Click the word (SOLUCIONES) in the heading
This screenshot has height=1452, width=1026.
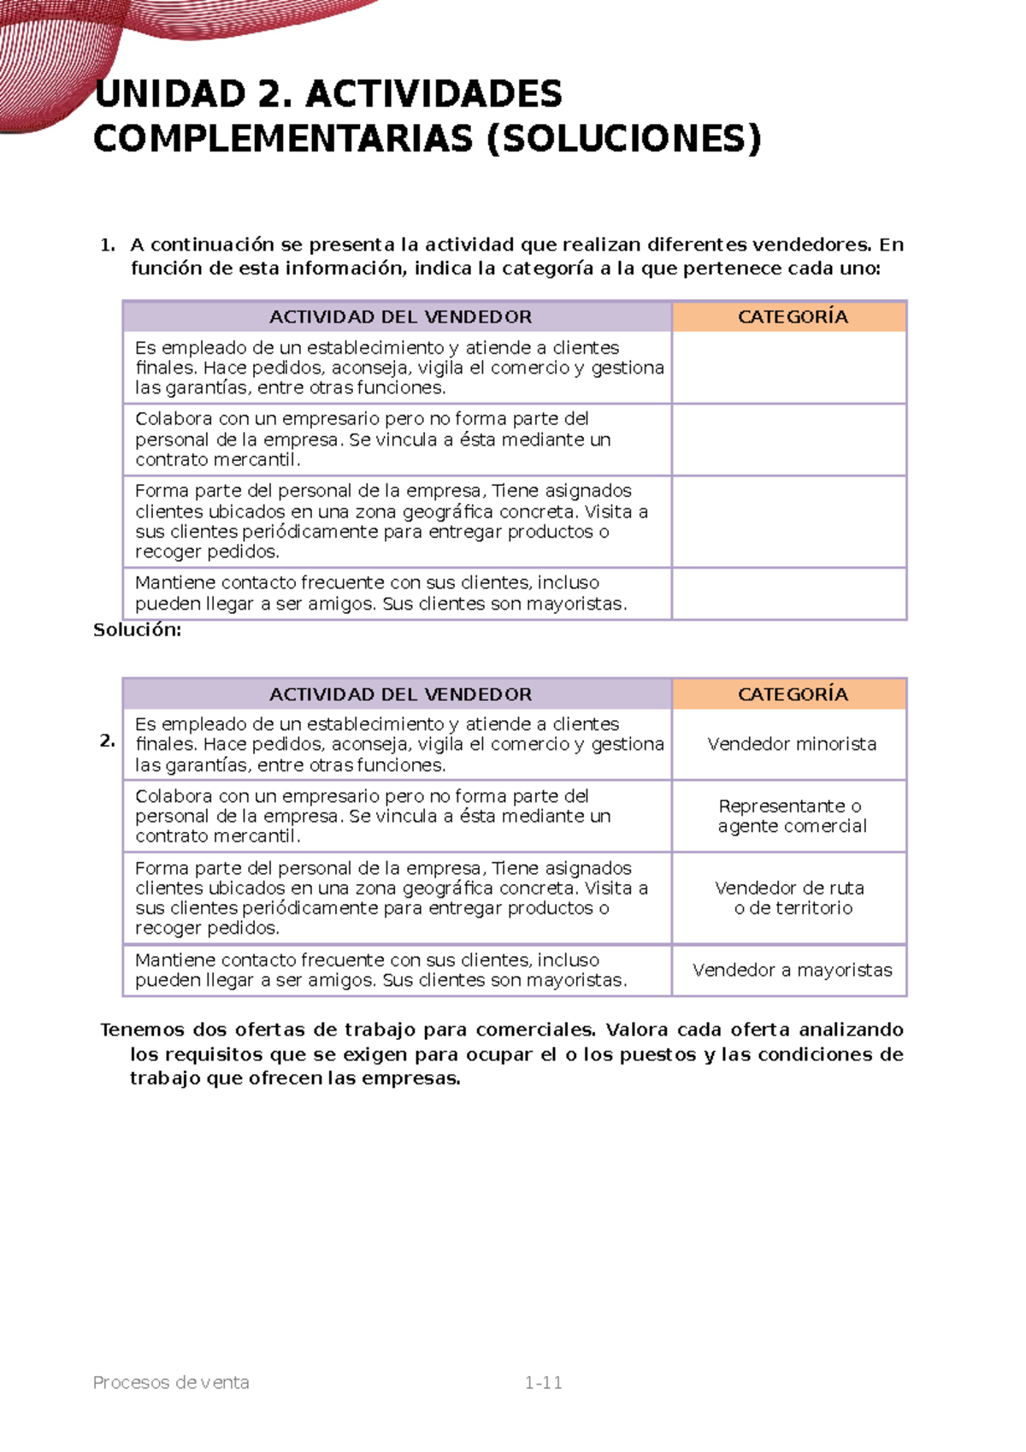tap(623, 139)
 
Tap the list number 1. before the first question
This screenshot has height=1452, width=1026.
tap(107, 245)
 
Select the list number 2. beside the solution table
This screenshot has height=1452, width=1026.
tap(107, 741)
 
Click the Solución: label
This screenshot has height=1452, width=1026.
tap(137, 630)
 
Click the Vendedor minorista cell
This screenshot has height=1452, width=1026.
tap(791, 744)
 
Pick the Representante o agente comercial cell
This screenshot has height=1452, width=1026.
tap(791, 816)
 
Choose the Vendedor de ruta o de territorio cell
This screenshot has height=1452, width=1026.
tap(791, 898)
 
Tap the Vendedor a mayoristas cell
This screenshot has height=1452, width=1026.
tap(791, 970)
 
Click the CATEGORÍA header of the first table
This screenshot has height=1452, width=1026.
tap(792, 317)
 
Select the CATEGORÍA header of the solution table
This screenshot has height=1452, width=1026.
tap(792, 694)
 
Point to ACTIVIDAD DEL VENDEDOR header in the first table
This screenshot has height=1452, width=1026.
tap(400, 317)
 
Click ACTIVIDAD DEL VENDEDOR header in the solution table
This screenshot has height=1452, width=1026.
tap(400, 694)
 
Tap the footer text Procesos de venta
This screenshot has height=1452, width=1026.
tap(171, 1383)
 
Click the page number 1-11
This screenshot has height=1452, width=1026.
tap(543, 1383)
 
